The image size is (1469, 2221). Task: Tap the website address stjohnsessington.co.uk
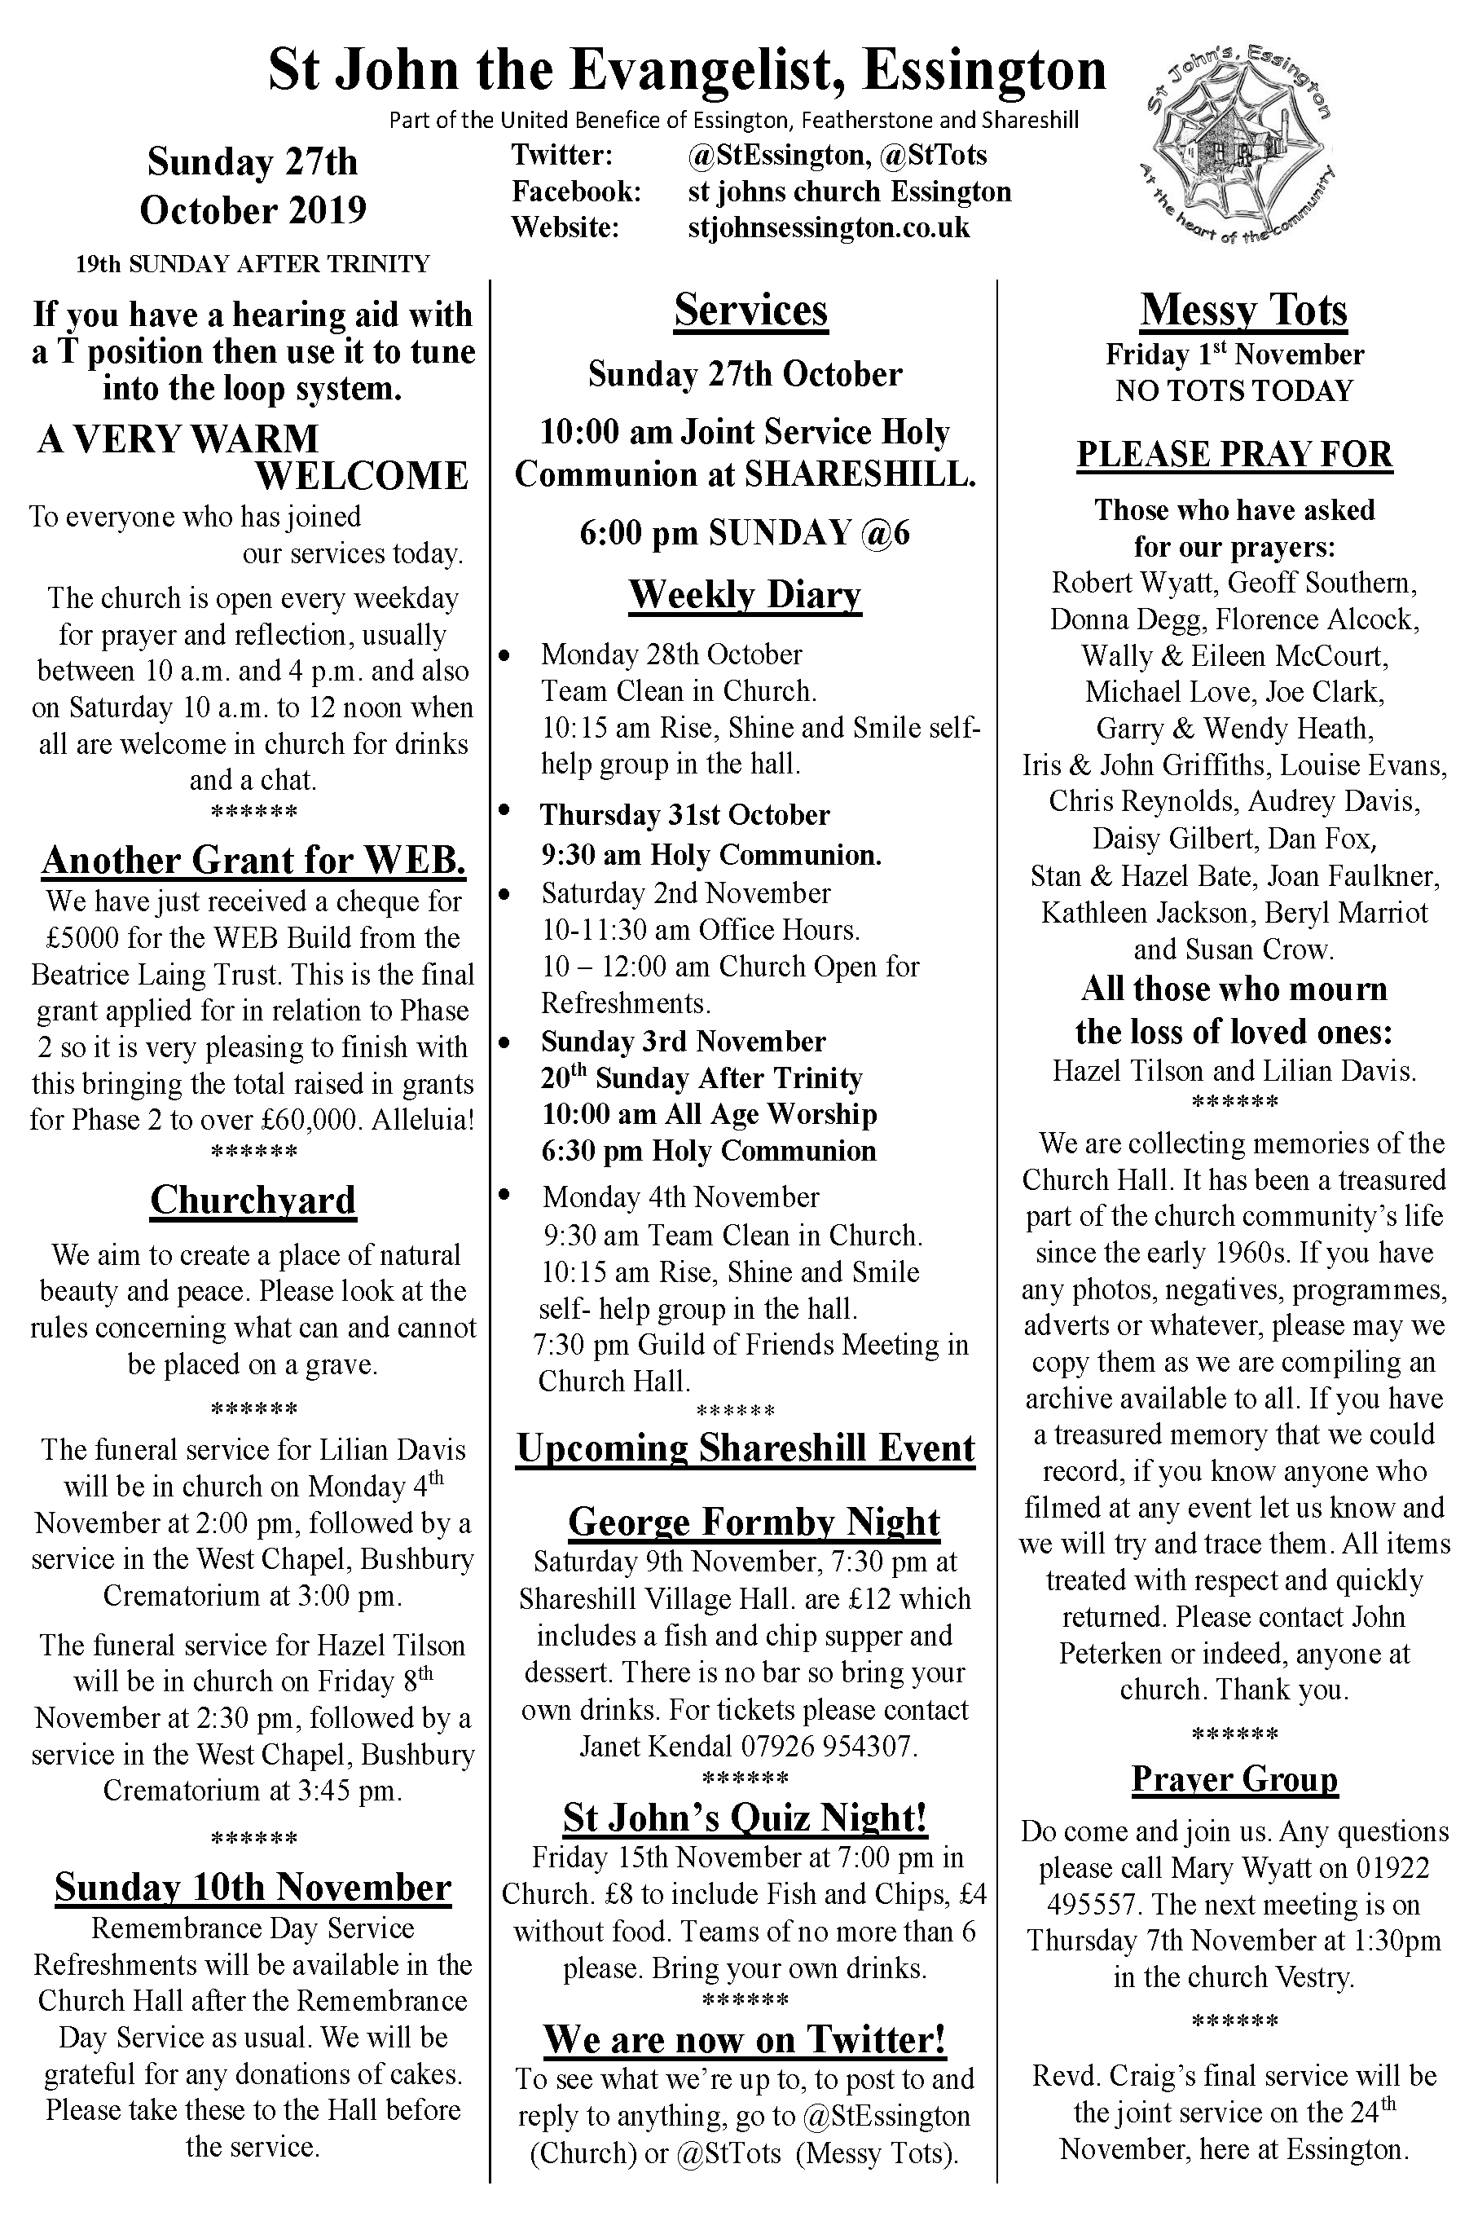(x=828, y=227)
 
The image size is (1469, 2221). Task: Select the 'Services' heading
(x=750, y=311)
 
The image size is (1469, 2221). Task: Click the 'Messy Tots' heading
(x=1243, y=311)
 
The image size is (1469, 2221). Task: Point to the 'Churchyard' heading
(x=253, y=1201)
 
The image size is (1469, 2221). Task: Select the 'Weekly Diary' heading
(x=745, y=595)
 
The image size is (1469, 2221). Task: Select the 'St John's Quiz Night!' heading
(x=745, y=1817)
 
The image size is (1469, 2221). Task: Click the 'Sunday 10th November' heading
(x=253, y=1888)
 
